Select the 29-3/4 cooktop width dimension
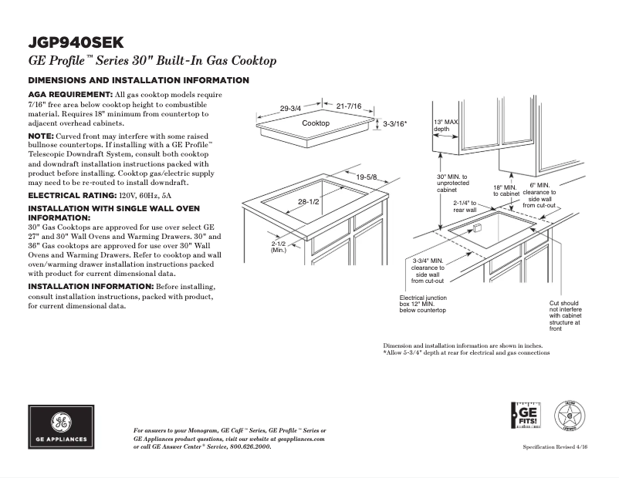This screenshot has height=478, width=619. tap(290, 109)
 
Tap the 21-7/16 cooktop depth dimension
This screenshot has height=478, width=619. tap(349, 106)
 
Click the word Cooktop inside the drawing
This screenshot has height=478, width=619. tap(316, 123)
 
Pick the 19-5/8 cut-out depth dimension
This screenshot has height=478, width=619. tap(367, 177)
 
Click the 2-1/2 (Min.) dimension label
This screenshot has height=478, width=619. tap(279, 247)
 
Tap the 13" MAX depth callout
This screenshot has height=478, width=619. tap(446, 126)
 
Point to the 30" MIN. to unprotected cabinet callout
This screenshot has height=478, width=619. tap(452, 183)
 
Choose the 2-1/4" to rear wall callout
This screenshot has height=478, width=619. tap(465, 205)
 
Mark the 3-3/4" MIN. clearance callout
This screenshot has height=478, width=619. tap(427, 271)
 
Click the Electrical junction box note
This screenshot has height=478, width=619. tap(423, 304)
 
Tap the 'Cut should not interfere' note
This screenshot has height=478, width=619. tap(564, 316)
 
